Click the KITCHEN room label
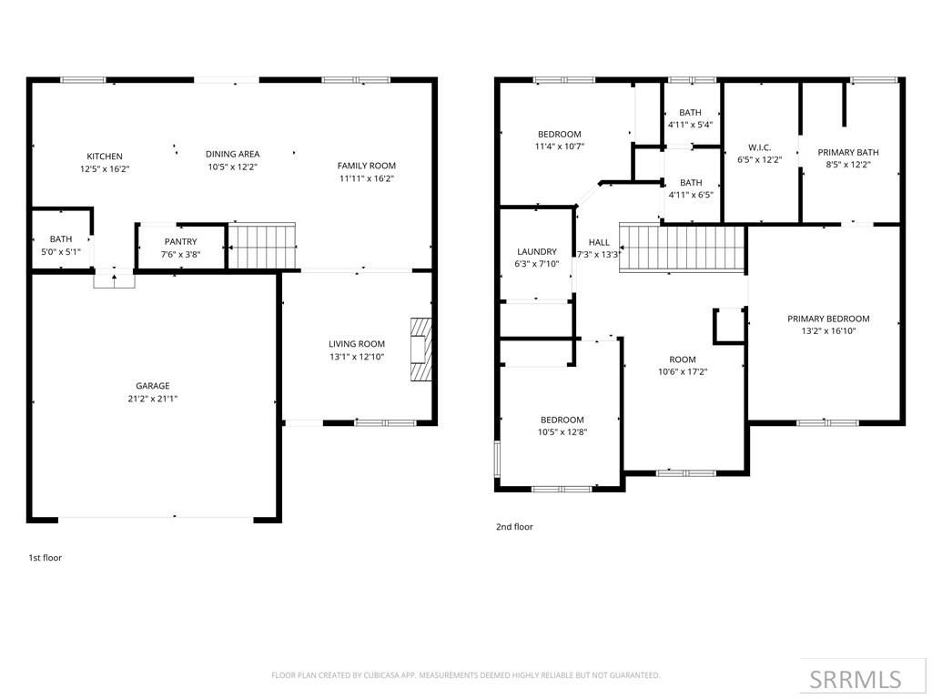(x=104, y=157)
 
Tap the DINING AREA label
(x=232, y=155)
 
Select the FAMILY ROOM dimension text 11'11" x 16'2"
(x=367, y=178)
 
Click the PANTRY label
(x=180, y=242)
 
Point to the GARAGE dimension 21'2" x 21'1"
(x=153, y=399)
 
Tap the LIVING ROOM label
(x=357, y=344)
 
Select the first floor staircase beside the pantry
(x=261, y=246)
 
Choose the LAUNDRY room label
(x=536, y=252)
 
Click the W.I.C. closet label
(x=760, y=147)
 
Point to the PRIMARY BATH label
(x=848, y=153)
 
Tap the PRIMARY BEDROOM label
(x=828, y=319)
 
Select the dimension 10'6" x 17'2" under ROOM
(x=683, y=372)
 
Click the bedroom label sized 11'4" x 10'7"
(x=559, y=135)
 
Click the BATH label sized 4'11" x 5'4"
(x=691, y=113)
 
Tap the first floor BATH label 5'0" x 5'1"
(x=61, y=239)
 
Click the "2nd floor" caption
(x=514, y=527)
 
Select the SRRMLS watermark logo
(x=855, y=679)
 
